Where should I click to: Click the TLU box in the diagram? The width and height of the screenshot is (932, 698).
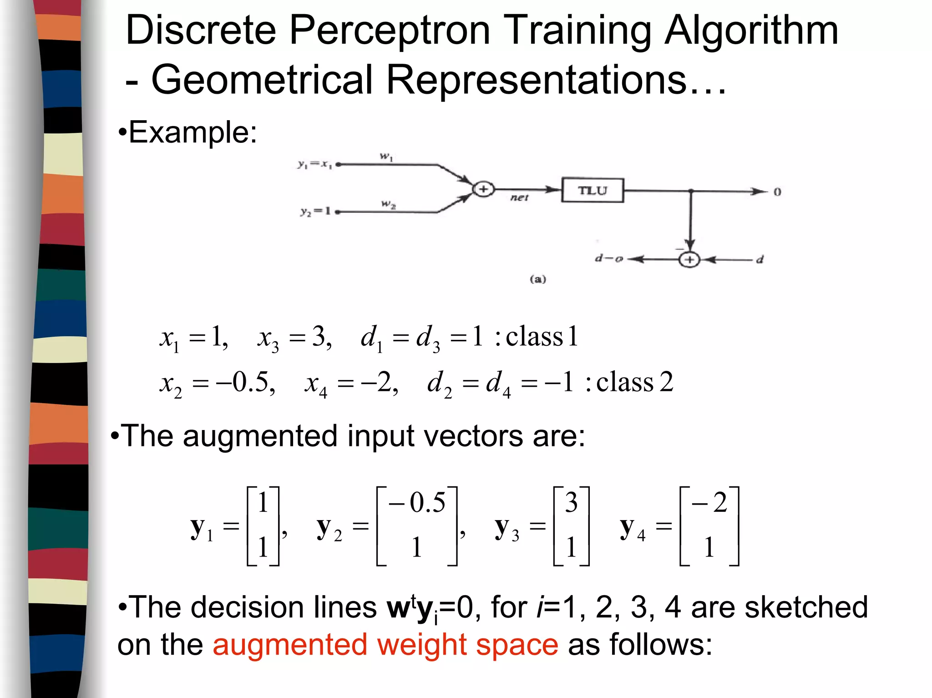pos(592,190)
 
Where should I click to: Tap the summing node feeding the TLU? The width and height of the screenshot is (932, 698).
pos(483,189)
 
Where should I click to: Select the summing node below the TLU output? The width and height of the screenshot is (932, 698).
pos(689,259)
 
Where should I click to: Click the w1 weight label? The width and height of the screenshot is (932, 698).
pos(386,157)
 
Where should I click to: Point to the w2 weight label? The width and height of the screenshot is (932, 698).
pos(388,205)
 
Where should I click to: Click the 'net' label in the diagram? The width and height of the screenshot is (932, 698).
pos(519,198)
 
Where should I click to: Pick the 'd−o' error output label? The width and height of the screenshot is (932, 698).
pos(609,259)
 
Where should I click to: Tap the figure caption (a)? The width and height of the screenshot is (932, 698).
pos(537,279)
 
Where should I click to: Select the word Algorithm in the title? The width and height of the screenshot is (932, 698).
pos(751,31)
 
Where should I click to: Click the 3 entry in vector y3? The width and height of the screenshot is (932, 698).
pos(571,503)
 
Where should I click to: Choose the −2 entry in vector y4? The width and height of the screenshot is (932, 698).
pos(709,503)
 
